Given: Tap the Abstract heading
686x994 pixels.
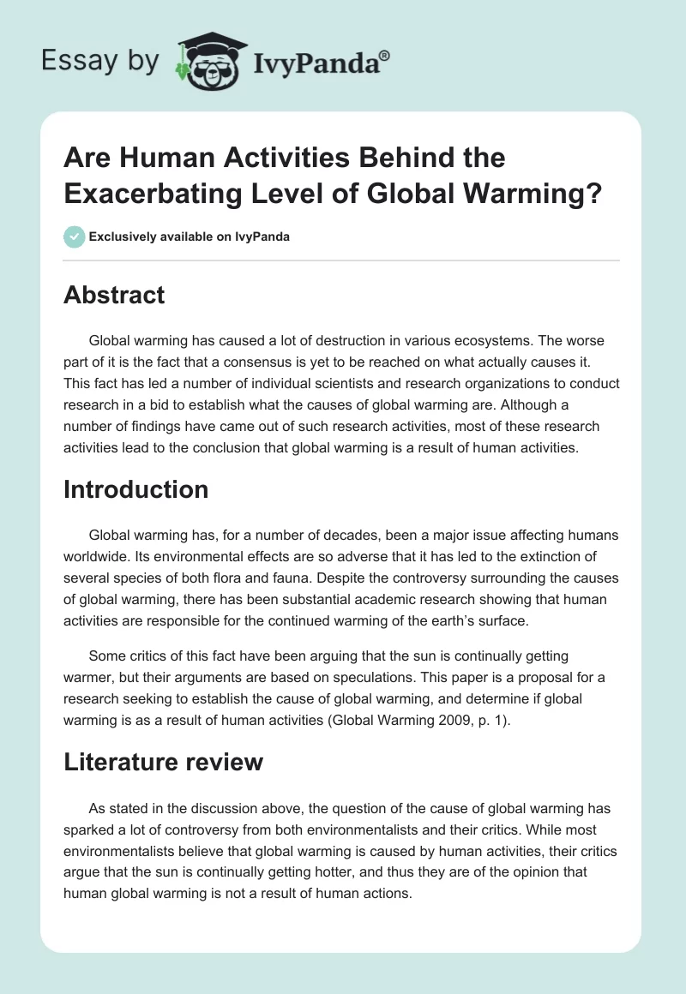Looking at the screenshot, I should coord(114,296).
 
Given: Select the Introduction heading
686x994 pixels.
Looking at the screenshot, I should coord(136,489).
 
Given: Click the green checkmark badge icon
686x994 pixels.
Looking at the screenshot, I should coord(75,237).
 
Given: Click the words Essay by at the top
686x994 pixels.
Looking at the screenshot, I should coord(99,61).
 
